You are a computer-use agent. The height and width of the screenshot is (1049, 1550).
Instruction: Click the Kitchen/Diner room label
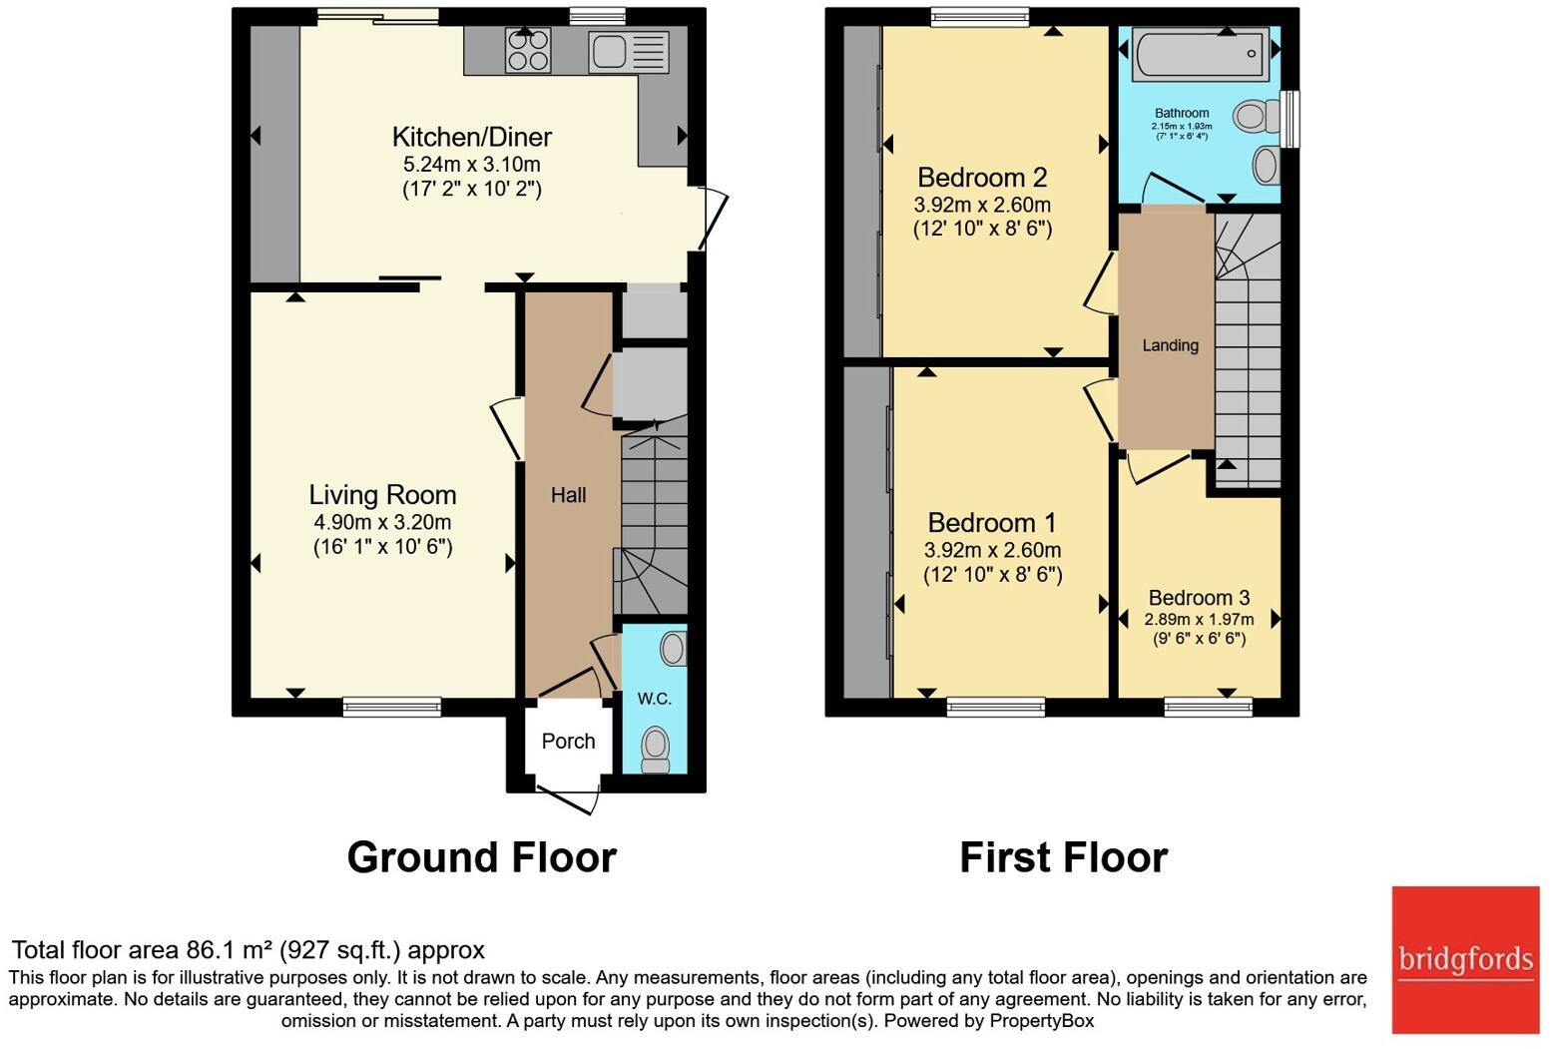[472, 137]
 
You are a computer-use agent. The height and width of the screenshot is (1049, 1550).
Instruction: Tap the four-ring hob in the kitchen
[529, 50]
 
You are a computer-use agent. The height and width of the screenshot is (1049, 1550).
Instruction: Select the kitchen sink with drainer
[629, 51]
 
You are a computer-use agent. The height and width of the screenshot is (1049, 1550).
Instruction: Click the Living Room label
[382, 495]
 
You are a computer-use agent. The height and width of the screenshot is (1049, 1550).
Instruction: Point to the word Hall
[569, 495]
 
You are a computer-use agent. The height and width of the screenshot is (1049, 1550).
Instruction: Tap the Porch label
[568, 741]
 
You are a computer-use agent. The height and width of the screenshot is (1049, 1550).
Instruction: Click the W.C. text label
[655, 699]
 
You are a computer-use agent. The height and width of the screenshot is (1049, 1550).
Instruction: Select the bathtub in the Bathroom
[1201, 54]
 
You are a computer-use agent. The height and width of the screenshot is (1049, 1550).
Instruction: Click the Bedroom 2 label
[982, 178]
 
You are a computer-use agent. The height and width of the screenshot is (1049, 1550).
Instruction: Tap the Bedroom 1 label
[992, 522]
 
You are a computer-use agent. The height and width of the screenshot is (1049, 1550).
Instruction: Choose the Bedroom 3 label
[1199, 597]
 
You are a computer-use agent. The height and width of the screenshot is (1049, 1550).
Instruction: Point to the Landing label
[1170, 345]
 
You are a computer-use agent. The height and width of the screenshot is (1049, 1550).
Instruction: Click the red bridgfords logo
[1465, 960]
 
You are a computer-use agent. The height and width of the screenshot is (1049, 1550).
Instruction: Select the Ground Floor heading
[482, 857]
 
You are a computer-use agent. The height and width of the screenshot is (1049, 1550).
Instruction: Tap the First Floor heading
[1064, 857]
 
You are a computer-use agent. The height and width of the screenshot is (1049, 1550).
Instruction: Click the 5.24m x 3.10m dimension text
[472, 165]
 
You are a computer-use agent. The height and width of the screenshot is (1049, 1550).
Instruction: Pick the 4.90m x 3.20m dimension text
[382, 522]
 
